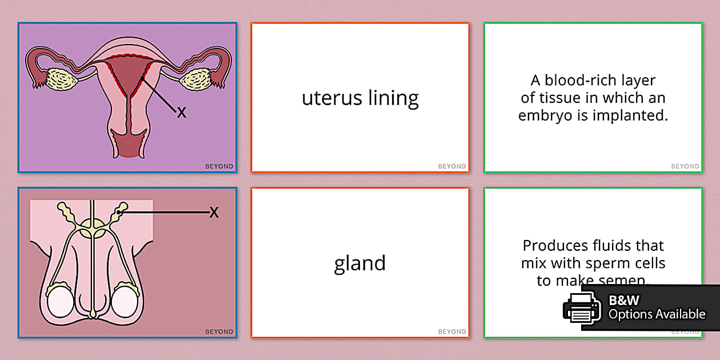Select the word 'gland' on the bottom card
(x=360, y=263)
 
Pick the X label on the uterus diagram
(x=182, y=113)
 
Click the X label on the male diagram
(x=214, y=213)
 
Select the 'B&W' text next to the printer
(x=623, y=300)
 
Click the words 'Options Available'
(x=657, y=314)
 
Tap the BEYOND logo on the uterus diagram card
(x=219, y=167)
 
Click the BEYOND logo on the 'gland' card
(x=452, y=331)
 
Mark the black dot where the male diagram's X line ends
(x=119, y=213)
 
